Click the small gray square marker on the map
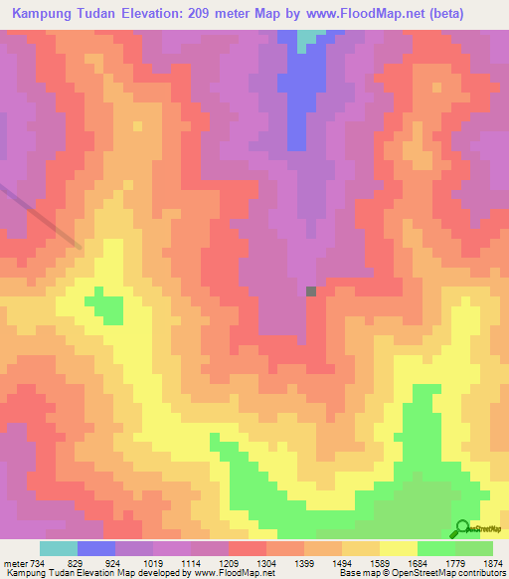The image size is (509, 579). [311, 291]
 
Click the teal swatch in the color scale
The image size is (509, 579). [59, 548]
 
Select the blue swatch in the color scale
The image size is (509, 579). [96, 548]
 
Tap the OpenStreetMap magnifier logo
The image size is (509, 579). [461, 528]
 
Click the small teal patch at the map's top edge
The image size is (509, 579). [314, 36]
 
